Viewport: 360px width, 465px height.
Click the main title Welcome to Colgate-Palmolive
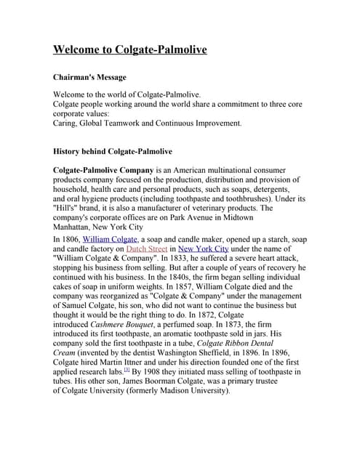click(x=130, y=50)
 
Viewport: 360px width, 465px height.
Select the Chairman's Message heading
click(x=90, y=77)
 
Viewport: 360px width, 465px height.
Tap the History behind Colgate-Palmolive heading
click(x=113, y=152)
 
